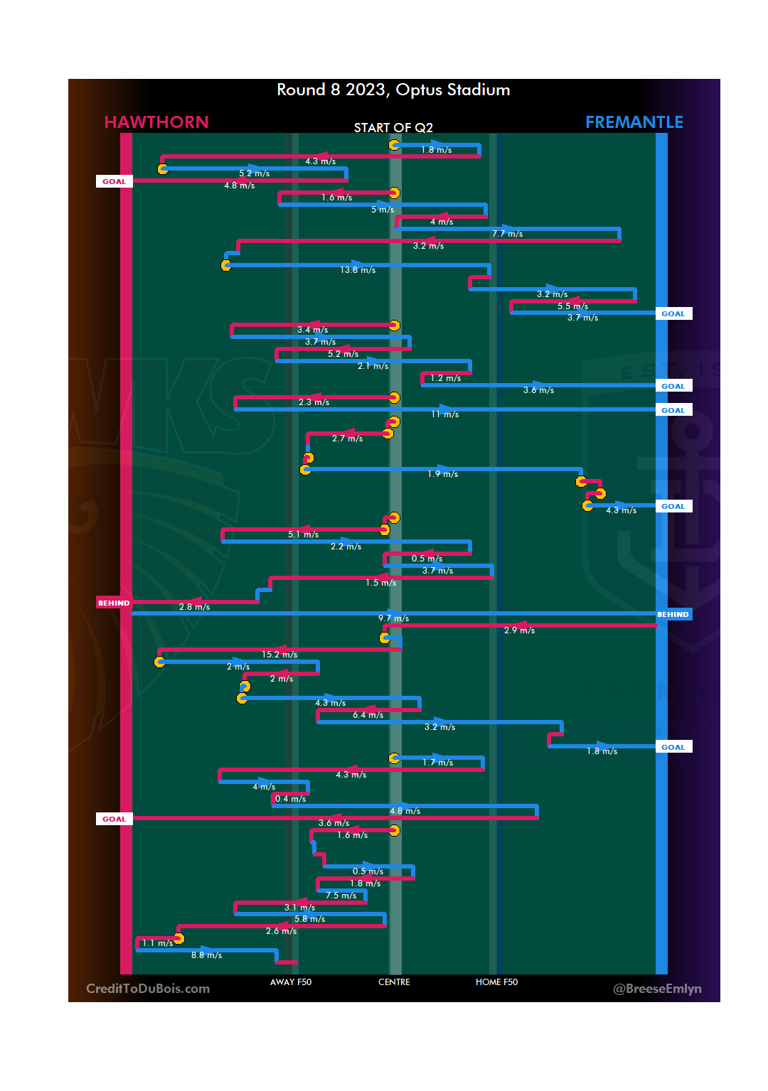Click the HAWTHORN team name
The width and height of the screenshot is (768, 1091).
156,122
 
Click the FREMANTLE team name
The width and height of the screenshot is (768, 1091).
634,122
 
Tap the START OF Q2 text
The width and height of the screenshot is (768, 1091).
393,128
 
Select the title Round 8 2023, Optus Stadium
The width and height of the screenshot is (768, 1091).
393,90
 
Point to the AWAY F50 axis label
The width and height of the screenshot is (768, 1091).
290,982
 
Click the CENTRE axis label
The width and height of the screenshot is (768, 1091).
394,982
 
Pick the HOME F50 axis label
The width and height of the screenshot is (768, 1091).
496,982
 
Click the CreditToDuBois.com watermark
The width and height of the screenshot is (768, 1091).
148,989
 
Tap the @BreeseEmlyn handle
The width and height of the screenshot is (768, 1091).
657,989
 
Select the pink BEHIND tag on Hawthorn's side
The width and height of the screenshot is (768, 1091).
114,603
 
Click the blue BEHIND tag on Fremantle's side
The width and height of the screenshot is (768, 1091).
673,615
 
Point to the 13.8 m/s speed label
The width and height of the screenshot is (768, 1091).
358,270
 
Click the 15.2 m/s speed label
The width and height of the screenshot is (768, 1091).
279,655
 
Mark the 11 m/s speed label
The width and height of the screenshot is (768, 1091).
444,414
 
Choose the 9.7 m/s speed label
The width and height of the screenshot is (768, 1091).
393,618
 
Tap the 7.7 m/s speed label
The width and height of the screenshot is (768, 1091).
507,234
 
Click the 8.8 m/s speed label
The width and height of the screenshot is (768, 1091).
206,955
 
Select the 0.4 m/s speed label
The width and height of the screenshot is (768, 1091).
290,799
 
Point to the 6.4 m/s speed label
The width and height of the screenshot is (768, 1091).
368,715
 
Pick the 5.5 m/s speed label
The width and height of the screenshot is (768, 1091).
572,306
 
